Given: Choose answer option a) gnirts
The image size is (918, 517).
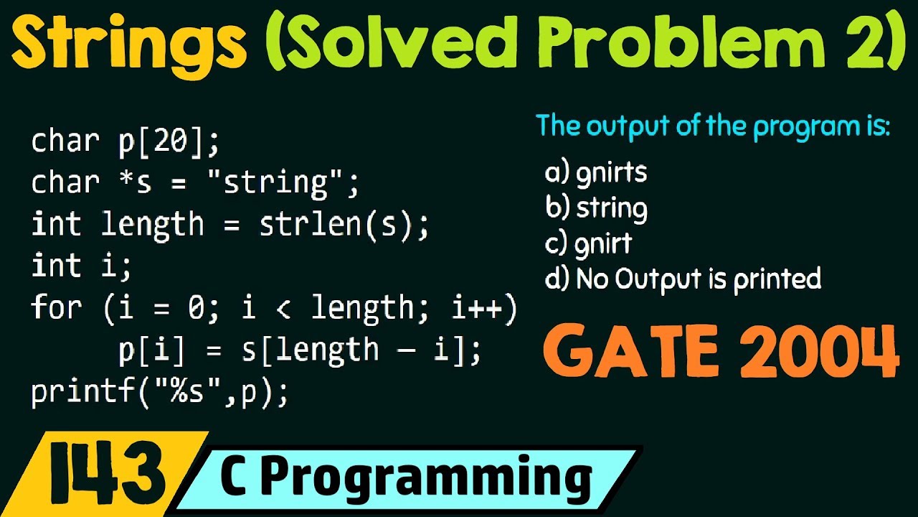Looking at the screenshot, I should (596, 173).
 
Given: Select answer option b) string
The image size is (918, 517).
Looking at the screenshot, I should (596, 208).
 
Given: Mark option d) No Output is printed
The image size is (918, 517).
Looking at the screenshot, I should (683, 279).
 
